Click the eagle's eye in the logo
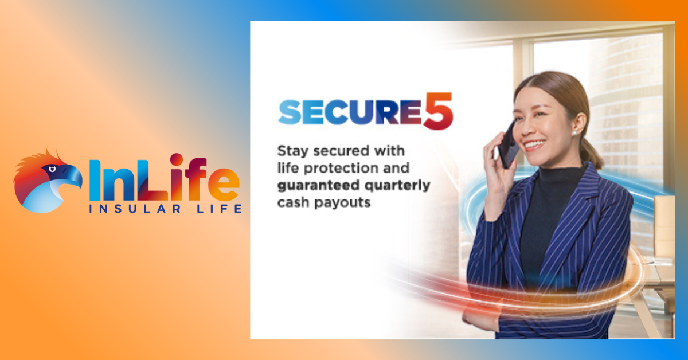point(52,169)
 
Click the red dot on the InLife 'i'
point(177,159)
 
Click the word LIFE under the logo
point(219,209)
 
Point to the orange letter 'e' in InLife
point(224,185)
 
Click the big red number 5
point(438,111)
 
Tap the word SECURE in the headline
point(350,112)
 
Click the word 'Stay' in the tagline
point(292,151)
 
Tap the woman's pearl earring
point(574,133)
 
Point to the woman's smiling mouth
point(534,144)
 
